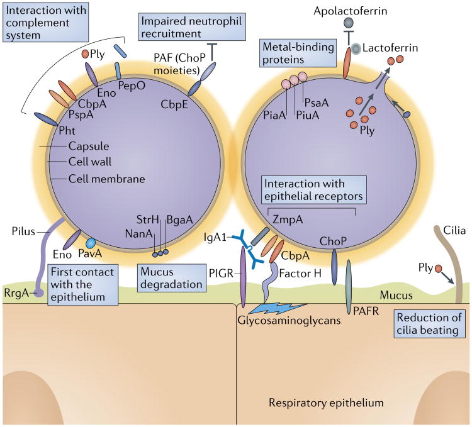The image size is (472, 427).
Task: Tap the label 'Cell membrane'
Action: pyautogui.click(x=107, y=179)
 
